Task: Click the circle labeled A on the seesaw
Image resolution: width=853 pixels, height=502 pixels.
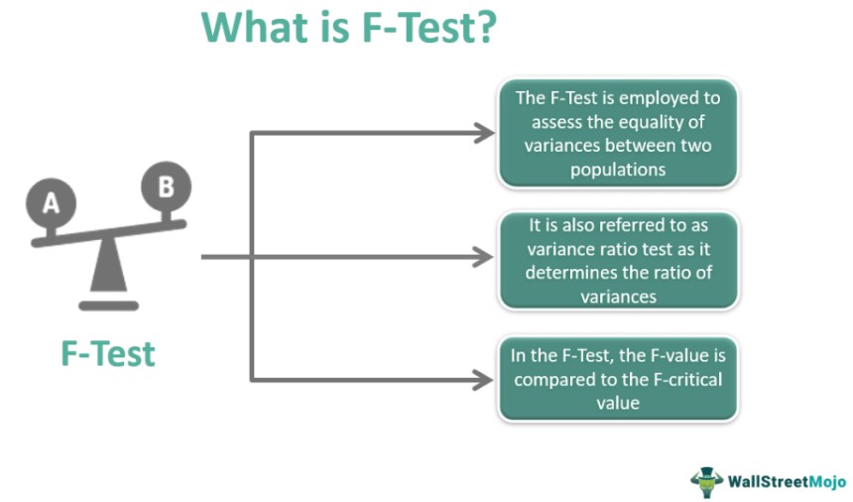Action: point(52,202)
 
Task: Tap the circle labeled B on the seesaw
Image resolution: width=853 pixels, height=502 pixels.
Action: point(166,186)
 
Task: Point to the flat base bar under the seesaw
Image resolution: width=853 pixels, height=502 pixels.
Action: point(109,306)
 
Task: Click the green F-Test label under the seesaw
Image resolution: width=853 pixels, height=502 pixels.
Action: point(108,354)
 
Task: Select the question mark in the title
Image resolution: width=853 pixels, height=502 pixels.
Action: point(484,27)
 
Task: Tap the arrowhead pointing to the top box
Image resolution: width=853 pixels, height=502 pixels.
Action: point(484,133)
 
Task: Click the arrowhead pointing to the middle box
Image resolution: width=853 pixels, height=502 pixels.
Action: point(482,257)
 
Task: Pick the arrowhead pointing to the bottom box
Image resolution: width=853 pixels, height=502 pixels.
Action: point(482,380)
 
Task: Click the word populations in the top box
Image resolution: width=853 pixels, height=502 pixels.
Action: point(618,170)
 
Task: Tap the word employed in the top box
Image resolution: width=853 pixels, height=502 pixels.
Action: point(658,98)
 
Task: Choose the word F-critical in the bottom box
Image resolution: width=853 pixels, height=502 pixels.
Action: point(688,379)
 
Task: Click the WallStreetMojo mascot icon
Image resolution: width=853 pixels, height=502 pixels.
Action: point(706,481)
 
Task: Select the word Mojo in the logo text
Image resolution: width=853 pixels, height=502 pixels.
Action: point(827,481)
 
